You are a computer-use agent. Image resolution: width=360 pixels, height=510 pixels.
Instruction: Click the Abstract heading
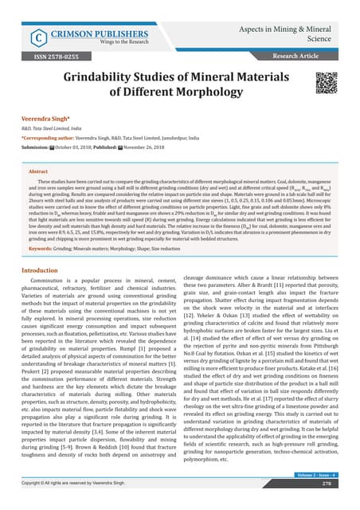pyautogui.click(x=38, y=170)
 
